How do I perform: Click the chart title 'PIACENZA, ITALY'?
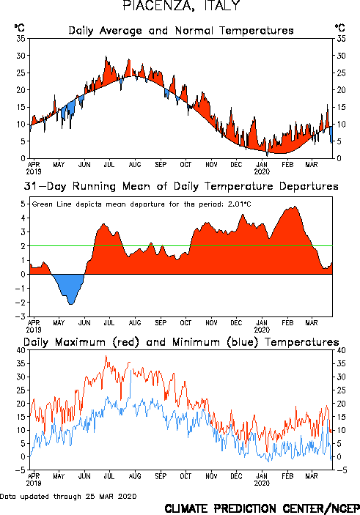click(181, 5)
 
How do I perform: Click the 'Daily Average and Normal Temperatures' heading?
click(181, 31)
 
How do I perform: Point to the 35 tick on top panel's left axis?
click(21, 39)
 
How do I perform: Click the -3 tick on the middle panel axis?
click(21, 316)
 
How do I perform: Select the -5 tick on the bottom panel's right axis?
click(341, 470)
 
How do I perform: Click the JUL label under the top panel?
click(109, 165)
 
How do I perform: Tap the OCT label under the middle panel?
click(185, 323)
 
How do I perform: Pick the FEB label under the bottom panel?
click(287, 476)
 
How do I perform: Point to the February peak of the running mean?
click(295, 207)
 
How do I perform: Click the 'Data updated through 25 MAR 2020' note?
click(68, 496)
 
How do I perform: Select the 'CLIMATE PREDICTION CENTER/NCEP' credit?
click(262, 508)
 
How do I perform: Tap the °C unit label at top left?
click(19, 28)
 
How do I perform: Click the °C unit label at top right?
click(340, 28)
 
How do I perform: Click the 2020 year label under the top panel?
click(262, 171)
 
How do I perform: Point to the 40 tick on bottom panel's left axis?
click(21, 350)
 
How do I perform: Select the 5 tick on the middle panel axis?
click(23, 204)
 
